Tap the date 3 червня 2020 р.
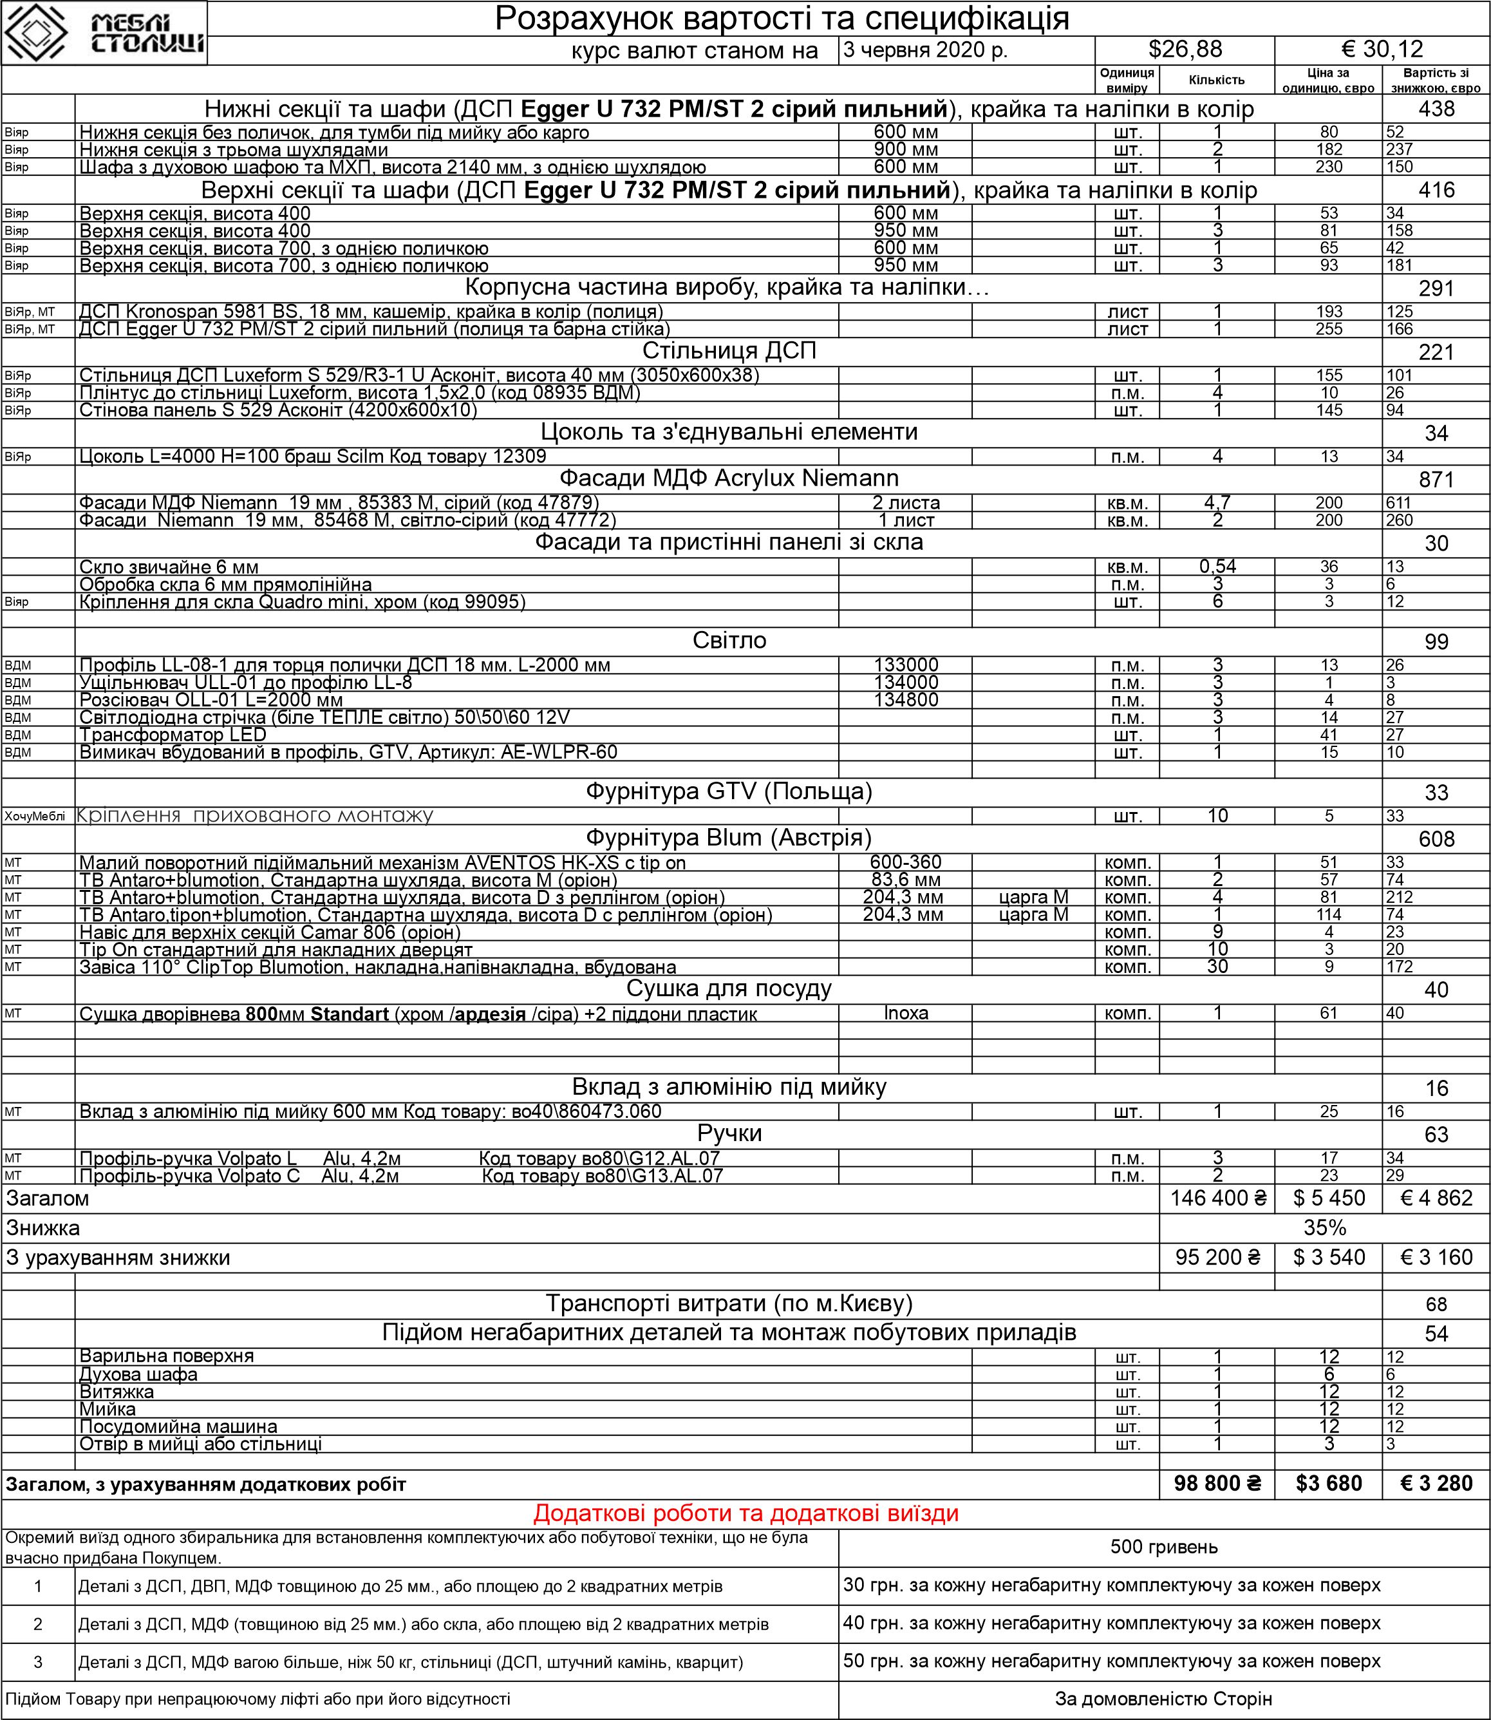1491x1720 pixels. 925,51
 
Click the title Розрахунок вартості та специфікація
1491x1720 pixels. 782,18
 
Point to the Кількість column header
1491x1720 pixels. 1217,80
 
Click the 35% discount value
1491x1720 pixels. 1325,1228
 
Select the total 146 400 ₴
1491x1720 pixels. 1217,1198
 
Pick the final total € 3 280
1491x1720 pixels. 1436,1484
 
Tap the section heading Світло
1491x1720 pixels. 729,641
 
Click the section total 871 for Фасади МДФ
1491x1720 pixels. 1436,480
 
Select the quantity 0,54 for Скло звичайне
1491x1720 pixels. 1217,567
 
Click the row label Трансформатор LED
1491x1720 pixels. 173,735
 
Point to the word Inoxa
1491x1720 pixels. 905,1014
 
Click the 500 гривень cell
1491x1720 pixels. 1163,1547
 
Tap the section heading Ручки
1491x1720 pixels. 729,1133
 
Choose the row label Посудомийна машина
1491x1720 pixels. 178,1426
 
